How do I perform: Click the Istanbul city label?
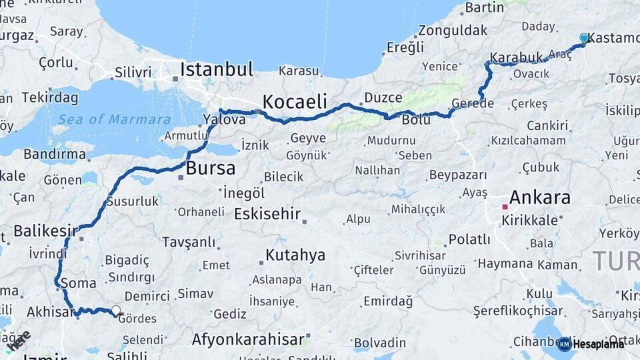[217, 69]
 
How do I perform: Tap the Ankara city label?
[540, 197]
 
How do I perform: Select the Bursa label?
[211, 168]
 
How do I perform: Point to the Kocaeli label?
[295, 102]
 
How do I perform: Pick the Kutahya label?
[295, 255]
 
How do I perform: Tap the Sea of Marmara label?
[114, 120]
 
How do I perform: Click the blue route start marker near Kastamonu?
[584, 39]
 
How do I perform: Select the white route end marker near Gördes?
[116, 310]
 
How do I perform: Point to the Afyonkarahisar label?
[248, 339]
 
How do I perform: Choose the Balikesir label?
[45, 231]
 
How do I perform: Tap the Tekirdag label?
[50, 97]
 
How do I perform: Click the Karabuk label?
[514, 57]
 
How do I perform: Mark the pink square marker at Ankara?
[505, 207]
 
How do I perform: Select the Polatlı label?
[469, 239]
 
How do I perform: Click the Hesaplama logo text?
[598, 344]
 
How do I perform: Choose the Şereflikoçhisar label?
[518, 311]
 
